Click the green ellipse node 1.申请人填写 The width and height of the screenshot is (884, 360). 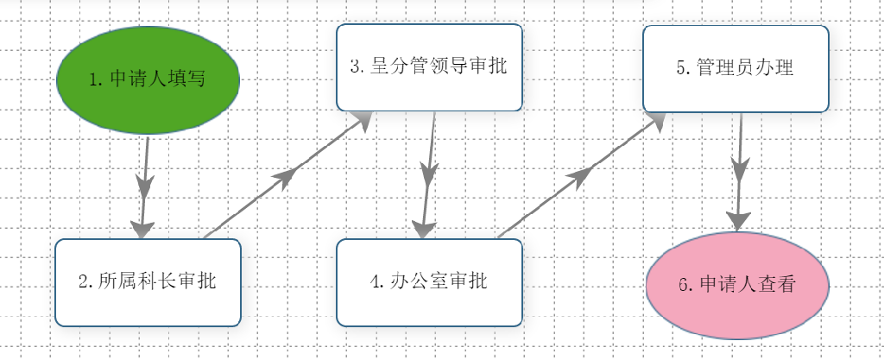148,79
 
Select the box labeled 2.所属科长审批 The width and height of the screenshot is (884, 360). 148,282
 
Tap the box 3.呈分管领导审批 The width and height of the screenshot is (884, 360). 430,67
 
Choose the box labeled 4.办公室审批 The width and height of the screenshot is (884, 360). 430,282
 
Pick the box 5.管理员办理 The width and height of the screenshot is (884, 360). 736,69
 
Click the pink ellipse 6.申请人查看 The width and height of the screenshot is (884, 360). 737,285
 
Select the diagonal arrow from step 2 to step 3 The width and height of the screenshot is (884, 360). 287,174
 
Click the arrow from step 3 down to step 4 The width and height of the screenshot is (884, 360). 428,174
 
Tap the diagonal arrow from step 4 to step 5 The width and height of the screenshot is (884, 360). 583,174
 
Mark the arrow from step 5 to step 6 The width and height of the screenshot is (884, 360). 739,172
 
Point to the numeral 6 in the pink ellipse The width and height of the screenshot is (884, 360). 684,285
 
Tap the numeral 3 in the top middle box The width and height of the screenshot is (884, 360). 355,66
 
